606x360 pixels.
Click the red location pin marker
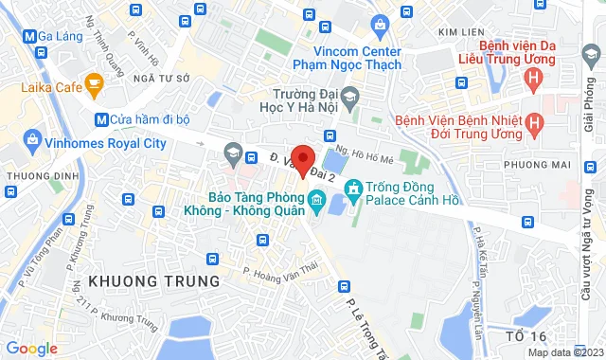click(x=302, y=160)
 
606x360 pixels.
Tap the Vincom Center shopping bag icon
click(x=380, y=24)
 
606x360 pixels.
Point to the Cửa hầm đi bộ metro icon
click(x=101, y=119)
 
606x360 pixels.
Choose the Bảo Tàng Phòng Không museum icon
click(x=316, y=201)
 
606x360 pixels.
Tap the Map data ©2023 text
click(x=563, y=352)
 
